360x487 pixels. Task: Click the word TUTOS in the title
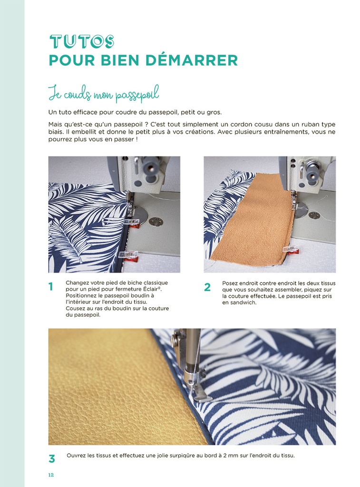[x=82, y=42]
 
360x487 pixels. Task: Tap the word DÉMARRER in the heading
[x=192, y=60]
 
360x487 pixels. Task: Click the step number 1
[x=50, y=287]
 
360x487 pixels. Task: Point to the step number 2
[x=207, y=287]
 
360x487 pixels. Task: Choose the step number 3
[x=52, y=459]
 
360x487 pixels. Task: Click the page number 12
[x=51, y=475]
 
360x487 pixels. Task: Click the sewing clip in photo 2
[x=290, y=249]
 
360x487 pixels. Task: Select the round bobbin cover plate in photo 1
[x=140, y=214]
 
